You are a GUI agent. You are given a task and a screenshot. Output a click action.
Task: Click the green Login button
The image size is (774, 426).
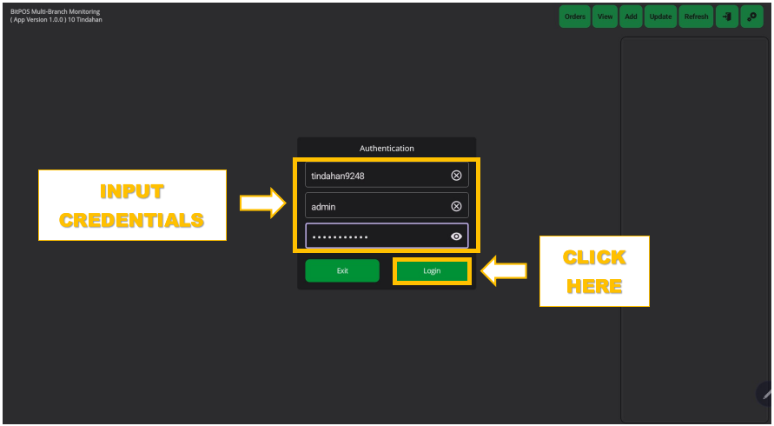[x=432, y=271]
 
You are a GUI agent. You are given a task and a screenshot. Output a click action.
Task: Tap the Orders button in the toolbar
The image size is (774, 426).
[x=574, y=17]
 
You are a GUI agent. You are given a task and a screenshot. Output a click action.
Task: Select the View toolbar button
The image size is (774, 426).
[x=605, y=17]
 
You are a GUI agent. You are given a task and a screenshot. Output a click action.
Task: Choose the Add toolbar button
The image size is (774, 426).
[x=631, y=17]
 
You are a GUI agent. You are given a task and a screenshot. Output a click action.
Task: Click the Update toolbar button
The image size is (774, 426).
[x=660, y=17]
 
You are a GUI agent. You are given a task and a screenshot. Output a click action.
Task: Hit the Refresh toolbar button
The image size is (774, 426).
[x=696, y=17]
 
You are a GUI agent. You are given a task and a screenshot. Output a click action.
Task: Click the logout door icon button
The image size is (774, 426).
[x=727, y=17]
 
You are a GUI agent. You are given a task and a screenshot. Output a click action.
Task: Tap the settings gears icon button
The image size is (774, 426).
[x=751, y=17]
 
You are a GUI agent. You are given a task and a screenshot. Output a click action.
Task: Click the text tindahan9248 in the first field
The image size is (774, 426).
[x=338, y=176]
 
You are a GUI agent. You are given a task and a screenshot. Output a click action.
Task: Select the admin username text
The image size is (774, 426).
[x=323, y=207]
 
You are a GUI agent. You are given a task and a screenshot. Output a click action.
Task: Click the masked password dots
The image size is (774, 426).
[x=341, y=237]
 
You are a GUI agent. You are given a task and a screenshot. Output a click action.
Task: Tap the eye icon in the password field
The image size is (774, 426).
[x=456, y=236]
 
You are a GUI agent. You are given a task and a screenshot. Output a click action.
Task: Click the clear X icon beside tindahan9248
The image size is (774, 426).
[x=456, y=176]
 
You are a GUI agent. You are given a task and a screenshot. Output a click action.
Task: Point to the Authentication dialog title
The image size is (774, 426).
[x=387, y=149]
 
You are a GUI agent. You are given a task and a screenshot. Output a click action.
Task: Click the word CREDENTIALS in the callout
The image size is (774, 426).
[x=132, y=221]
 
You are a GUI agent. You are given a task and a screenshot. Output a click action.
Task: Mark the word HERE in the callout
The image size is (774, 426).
[x=594, y=287]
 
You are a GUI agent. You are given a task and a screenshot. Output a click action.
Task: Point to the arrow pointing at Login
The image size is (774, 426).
[x=504, y=271]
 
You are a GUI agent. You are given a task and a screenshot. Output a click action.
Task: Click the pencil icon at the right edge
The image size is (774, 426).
[x=766, y=394]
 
